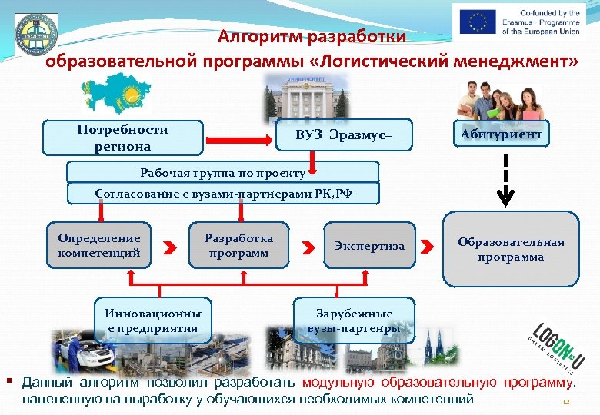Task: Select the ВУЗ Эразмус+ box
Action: click(x=344, y=136)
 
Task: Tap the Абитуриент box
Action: click(x=502, y=135)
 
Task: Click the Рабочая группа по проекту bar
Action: click(x=223, y=171)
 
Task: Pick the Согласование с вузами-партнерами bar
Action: click(x=223, y=193)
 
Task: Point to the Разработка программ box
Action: click(x=238, y=245)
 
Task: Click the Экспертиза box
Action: click(x=369, y=246)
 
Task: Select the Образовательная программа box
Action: click(x=511, y=250)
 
